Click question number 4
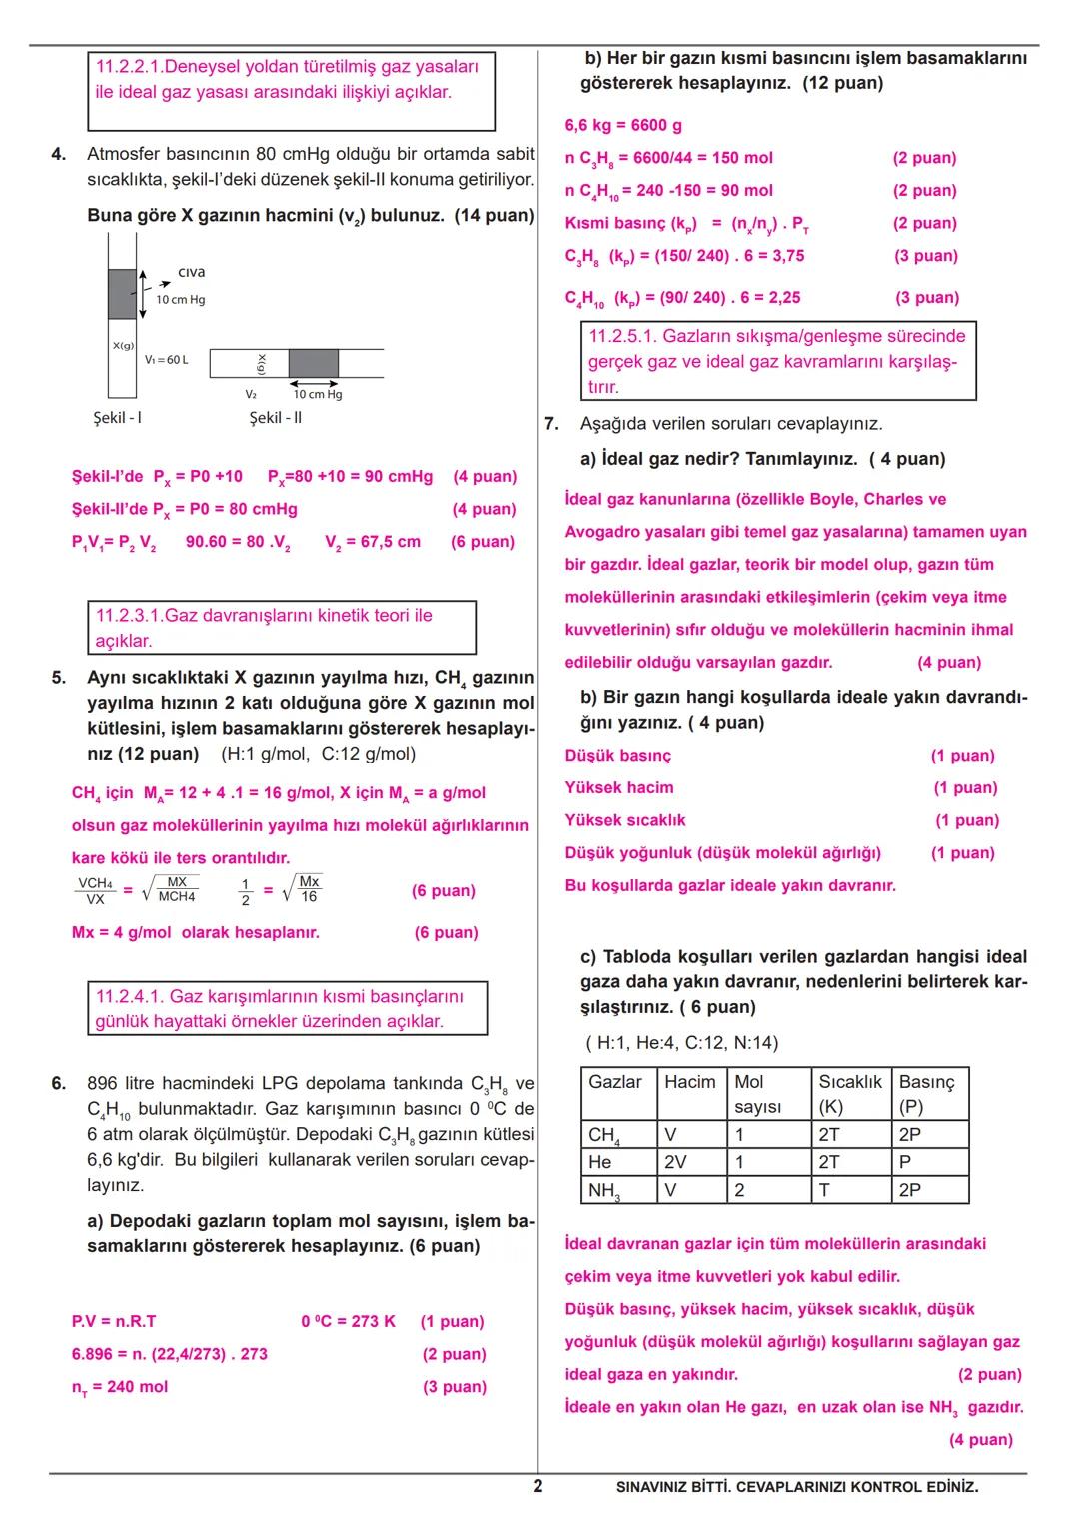(59, 154)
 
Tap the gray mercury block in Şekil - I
(122, 293)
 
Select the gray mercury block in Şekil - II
(313, 363)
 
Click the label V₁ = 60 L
(166, 359)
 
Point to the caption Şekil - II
(275, 417)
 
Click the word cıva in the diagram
(192, 272)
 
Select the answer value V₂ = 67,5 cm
(373, 542)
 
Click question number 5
(59, 678)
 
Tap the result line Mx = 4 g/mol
(196, 932)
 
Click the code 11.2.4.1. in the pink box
(130, 996)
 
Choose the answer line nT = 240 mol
(120, 1387)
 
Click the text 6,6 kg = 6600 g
(623, 125)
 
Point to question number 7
(551, 424)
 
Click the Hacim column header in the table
(689, 1082)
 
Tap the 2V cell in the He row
(675, 1162)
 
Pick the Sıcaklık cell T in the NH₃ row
(824, 1190)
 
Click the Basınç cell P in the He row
(904, 1162)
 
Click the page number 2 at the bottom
(538, 1486)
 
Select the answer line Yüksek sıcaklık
(625, 820)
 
